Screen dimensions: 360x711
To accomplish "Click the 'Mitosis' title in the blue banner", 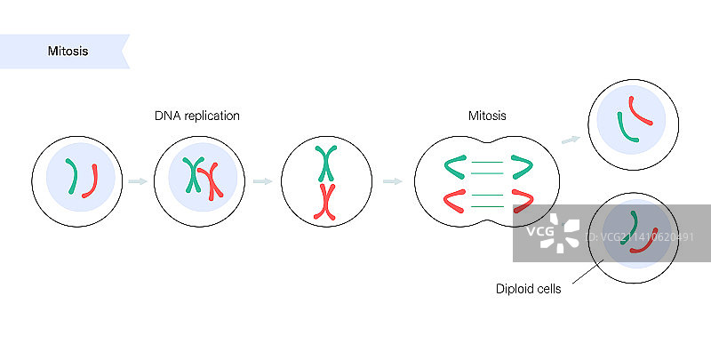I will coord(68,52).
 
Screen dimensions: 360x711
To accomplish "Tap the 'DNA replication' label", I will coord(196,116).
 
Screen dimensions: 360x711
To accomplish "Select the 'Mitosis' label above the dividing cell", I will coord(487,116).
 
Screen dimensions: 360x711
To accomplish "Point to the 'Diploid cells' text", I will coord(528,289).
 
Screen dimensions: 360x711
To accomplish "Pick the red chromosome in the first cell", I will coord(91,180).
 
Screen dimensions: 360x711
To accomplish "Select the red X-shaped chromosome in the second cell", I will coord(211,181).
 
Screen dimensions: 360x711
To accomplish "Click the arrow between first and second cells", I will coord(137,181).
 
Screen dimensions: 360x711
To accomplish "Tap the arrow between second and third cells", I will coord(262,181).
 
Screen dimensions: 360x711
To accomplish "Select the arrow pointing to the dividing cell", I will coord(391,181).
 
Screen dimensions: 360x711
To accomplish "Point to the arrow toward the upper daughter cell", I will coord(571,139).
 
